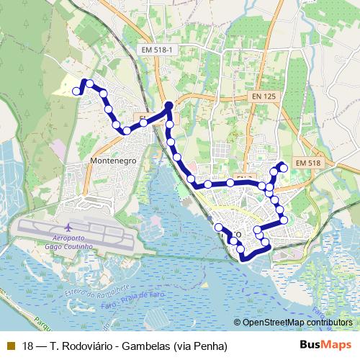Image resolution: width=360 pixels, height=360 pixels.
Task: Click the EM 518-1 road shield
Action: [x=158, y=48]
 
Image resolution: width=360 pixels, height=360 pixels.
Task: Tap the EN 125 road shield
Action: [x=264, y=96]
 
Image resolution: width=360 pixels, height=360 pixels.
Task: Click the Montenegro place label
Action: [x=114, y=160]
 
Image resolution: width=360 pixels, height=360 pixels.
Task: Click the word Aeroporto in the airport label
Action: [x=69, y=238]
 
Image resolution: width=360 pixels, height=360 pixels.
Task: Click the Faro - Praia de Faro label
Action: [x=136, y=300]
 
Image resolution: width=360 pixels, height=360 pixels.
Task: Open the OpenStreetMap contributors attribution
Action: [x=298, y=323]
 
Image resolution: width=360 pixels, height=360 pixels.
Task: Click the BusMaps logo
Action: [x=325, y=346]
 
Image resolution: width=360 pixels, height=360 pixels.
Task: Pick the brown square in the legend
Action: [x=10, y=346]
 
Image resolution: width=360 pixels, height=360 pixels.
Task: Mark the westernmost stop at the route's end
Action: [x=76, y=91]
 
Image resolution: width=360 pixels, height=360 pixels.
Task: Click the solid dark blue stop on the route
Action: [x=169, y=106]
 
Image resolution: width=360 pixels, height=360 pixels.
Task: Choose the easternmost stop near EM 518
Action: [x=284, y=168]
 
